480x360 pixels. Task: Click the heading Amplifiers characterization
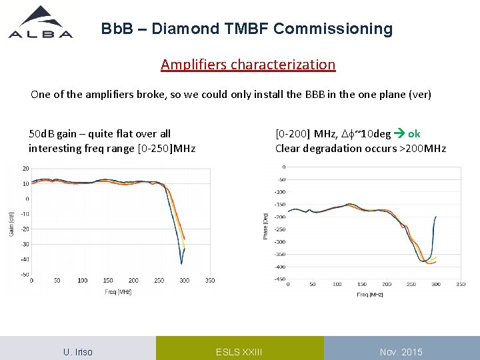pyautogui.click(x=247, y=65)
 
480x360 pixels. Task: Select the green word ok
pyautogui.click(x=414, y=133)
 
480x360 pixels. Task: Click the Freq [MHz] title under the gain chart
pyautogui.click(x=117, y=291)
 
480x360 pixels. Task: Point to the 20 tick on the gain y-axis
pyautogui.click(x=25, y=168)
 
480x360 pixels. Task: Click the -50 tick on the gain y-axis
pyautogui.click(x=24, y=275)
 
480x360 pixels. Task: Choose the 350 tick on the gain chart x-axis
pyautogui.click(x=210, y=281)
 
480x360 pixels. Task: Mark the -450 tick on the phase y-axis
pyautogui.click(x=281, y=279)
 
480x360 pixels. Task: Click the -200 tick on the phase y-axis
pyautogui.click(x=281, y=217)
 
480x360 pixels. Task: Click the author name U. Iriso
pyautogui.click(x=78, y=352)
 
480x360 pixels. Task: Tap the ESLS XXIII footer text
pyautogui.click(x=239, y=352)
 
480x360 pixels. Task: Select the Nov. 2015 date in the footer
pyautogui.click(x=401, y=352)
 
